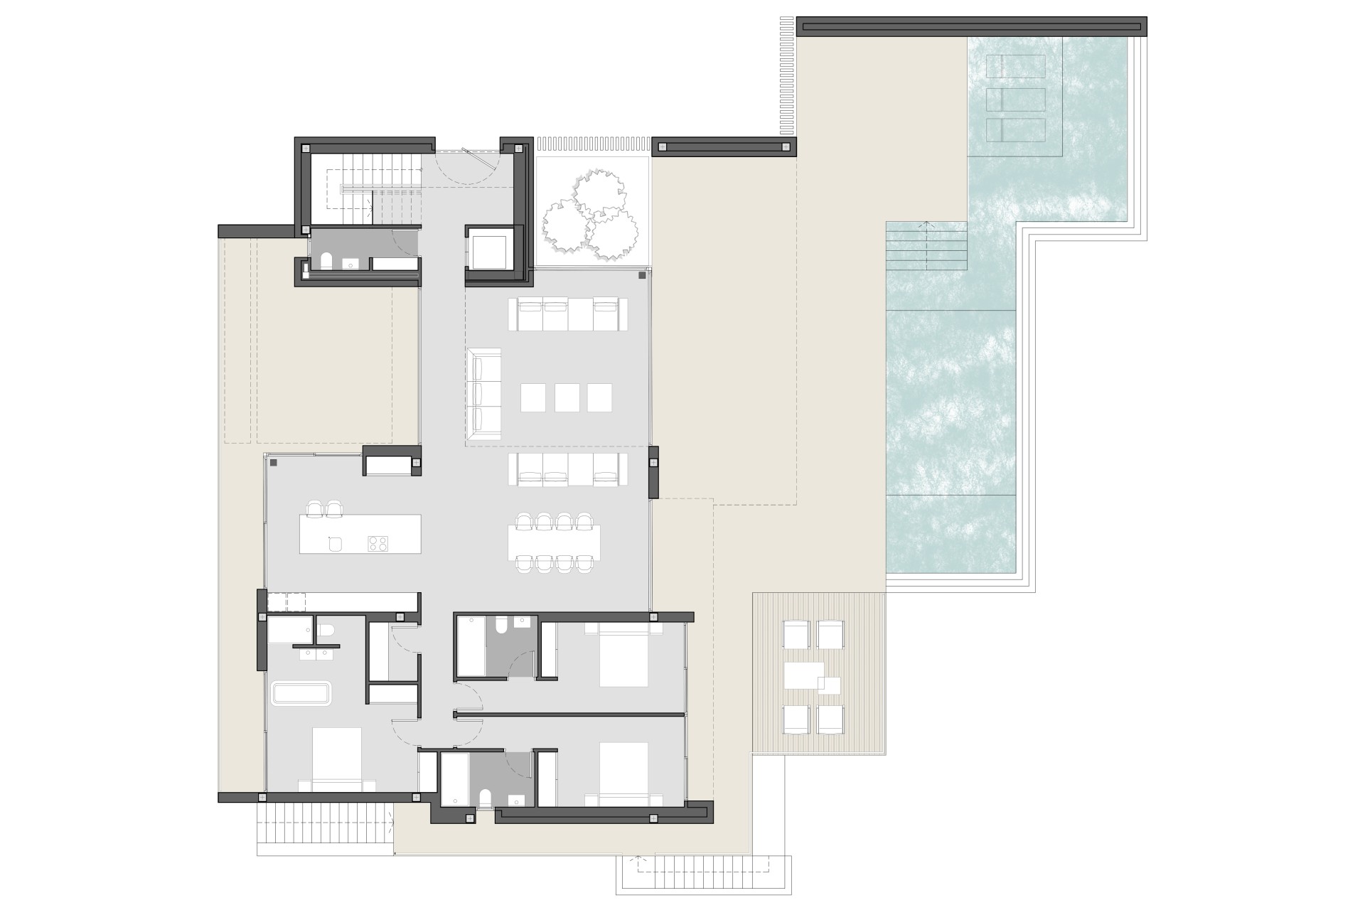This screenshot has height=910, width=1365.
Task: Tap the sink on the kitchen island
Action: (x=336, y=544)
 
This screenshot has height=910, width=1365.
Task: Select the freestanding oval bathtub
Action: (x=302, y=694)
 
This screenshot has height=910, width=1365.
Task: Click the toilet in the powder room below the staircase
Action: (x=326, y=262)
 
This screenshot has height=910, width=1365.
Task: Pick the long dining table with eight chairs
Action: (x=554, y=542)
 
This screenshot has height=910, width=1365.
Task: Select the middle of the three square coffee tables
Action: (x=567, y=397)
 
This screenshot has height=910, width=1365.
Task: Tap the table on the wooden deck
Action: (x=804, y=675)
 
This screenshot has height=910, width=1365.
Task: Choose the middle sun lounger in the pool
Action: (x=1015, y=100)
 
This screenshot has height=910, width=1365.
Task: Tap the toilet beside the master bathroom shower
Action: (x=326, y=631)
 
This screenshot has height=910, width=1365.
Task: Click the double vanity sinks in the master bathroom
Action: (x=316, y=653)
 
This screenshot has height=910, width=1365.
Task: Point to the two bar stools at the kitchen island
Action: (x=325, y=508)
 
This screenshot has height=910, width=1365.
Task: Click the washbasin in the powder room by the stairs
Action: (x=351, y=264)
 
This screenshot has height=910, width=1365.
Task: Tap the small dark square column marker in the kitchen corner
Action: (x=274, y=463)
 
